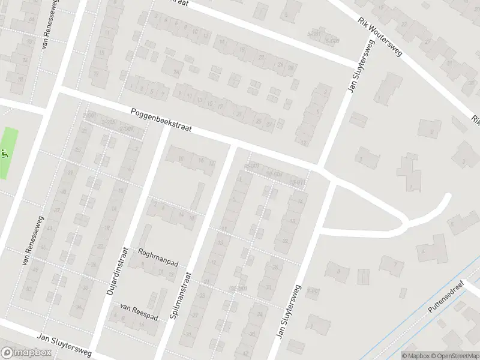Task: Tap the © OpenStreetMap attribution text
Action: point(454,356)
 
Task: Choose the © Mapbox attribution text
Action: point(415,356)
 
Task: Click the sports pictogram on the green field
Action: point(5,153)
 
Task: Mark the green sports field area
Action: point(8,153)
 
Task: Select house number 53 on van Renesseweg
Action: point(26,289)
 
